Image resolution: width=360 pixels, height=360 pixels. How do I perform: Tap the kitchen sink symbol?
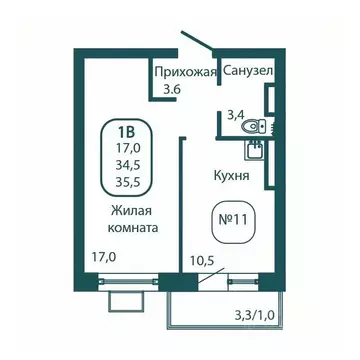[x=254, y=151]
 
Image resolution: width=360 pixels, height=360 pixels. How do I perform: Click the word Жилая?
[x=131, y=211]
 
